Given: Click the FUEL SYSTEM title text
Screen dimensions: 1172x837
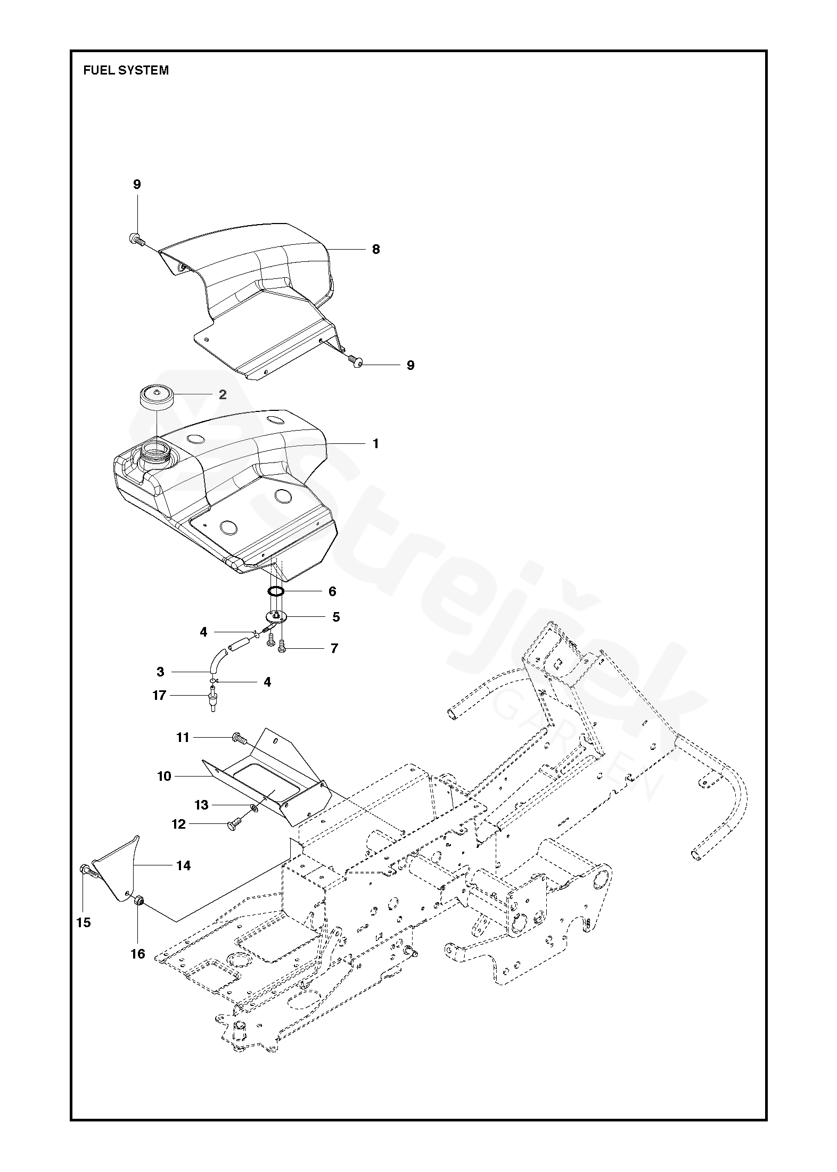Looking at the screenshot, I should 126,70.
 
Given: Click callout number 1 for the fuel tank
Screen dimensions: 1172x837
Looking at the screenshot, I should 375,443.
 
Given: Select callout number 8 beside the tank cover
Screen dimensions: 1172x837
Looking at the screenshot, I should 376,249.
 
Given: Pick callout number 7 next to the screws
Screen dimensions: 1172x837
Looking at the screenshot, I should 334,648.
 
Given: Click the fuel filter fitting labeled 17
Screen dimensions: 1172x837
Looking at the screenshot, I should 214,697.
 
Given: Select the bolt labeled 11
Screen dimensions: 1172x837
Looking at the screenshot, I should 238,738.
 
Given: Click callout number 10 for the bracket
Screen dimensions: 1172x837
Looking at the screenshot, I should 164,777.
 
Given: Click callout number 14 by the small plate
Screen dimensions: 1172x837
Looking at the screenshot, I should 183,866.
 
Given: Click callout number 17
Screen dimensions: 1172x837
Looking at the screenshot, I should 159,695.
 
